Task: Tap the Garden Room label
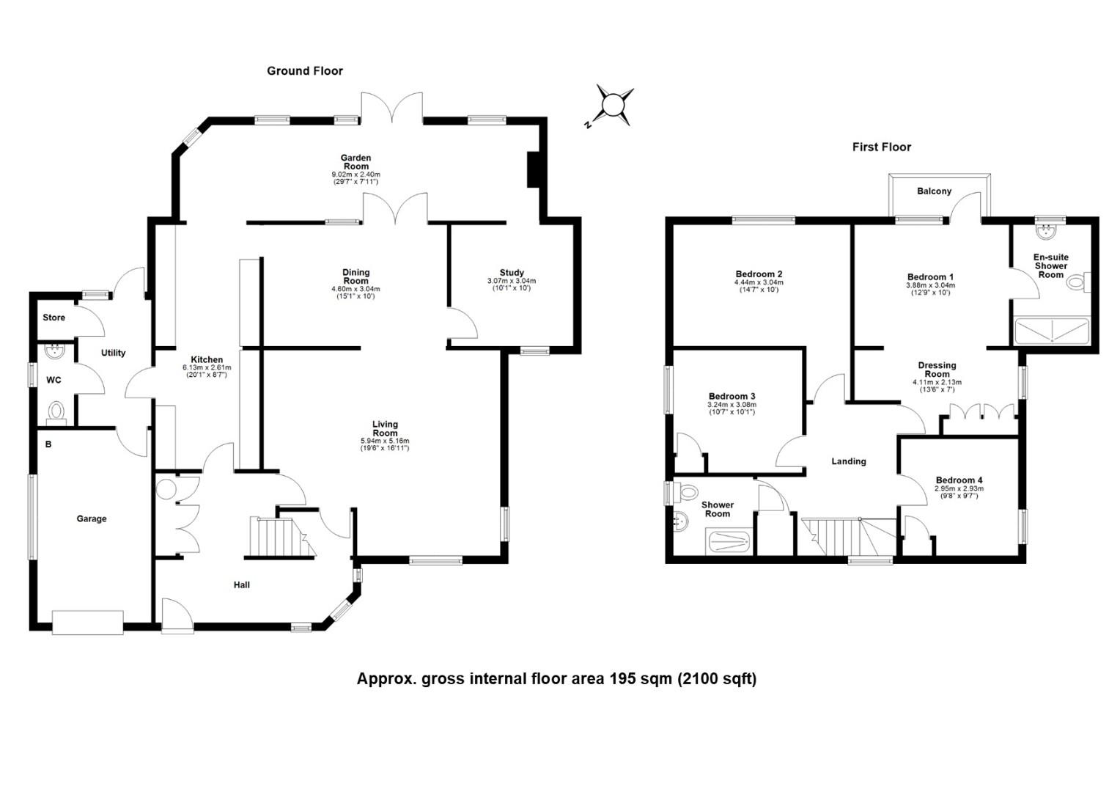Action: [x=355, y=162]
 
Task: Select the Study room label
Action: [x=512, y=273]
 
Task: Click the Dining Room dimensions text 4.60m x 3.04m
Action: [x=355, y=289]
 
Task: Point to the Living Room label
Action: [x=385, y=428]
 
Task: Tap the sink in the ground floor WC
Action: [x=54, y=352]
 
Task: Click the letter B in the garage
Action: [x=48, y=444]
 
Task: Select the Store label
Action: [x=54, y=318]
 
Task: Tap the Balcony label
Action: [x=934, y=191]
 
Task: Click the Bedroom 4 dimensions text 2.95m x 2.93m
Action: [x=959, y=488]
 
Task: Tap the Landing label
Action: [x=848, y=461]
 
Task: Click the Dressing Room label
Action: [x=937, y=370]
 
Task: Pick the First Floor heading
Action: [x=881, y=147]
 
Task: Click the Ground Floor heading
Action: [x=304, y=71]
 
